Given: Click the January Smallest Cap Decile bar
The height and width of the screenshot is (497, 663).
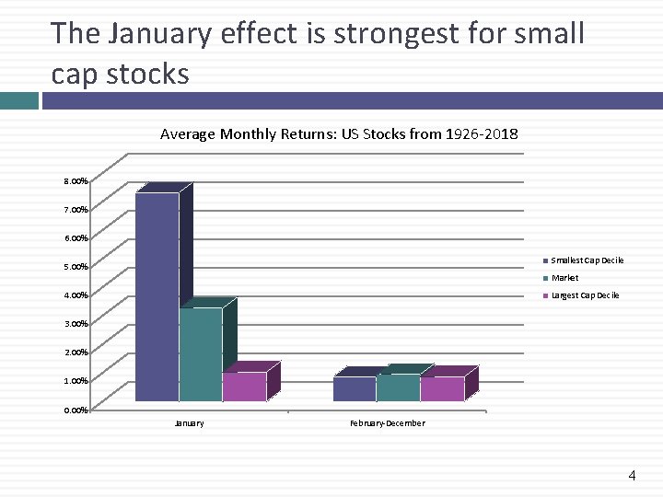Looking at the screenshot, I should [157, 296].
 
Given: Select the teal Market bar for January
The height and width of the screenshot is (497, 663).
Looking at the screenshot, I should [200, 353].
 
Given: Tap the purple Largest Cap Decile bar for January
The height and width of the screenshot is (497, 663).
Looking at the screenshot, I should [244, 387].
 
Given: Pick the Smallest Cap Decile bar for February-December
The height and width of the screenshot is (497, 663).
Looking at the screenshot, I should [355, 388].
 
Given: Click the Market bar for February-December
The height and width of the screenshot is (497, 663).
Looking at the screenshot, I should [398, 387].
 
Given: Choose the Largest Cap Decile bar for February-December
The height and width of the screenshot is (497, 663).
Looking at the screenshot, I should [442, 388].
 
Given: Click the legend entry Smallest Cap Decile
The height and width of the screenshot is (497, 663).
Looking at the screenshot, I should [587, 260].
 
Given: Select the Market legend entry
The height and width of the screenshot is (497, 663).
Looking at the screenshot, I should [564, 278].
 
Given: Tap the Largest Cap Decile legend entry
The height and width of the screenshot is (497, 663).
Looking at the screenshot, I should [585, 295].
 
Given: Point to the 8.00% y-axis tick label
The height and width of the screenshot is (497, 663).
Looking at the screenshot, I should [76, 181].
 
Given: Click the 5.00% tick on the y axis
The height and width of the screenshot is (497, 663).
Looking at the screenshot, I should [76, 267].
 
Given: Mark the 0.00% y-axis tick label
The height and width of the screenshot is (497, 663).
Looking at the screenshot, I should [76, 410].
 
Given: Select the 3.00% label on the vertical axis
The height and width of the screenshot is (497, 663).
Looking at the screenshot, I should [76, 324].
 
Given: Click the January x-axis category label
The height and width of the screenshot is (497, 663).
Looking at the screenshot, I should [189, 423].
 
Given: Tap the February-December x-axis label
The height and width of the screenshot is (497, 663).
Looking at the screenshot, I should [388, 423].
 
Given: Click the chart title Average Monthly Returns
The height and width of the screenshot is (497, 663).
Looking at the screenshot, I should [339, 134].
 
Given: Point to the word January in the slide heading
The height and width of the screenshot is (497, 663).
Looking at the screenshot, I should [161, 34].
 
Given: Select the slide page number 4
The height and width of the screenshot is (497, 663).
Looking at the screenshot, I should [632, 476].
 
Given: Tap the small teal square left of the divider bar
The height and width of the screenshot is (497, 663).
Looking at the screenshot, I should [18, 100].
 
